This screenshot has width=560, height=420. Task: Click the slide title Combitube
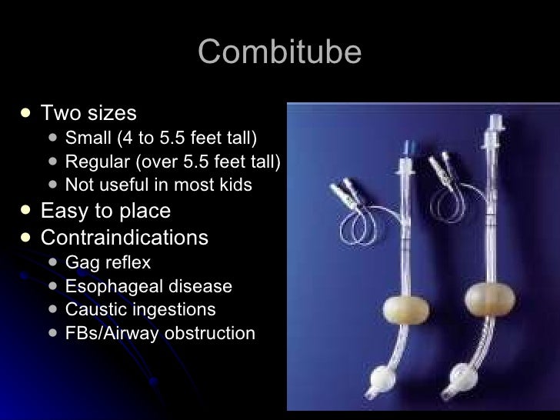pos(279,52)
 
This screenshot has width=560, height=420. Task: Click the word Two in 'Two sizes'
pos(58,114)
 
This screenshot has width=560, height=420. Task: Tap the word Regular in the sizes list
pos(94,162)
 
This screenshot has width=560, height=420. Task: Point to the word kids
pos(235,185)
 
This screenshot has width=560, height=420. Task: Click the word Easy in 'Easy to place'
pos(62,211)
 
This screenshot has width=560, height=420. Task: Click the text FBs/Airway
pos(110,333)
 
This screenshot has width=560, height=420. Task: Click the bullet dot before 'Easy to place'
pos(26,211)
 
